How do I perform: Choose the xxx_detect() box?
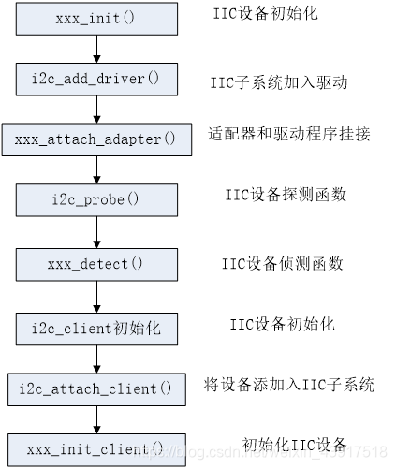(95, 264)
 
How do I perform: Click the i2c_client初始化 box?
(96, 329)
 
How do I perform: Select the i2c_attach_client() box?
(95, 388)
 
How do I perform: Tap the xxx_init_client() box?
(95, 447)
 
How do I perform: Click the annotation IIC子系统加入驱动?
(279, 82)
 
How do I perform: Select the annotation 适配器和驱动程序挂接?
(288, 134)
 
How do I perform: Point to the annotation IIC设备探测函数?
(286, 195)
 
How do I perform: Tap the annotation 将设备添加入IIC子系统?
(289, 385)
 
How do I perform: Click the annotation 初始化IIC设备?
(295, 444)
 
